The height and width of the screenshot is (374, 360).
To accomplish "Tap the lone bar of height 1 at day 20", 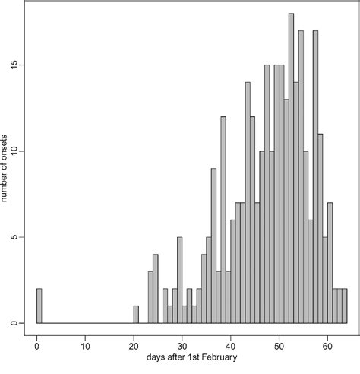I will tap(136, 314).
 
